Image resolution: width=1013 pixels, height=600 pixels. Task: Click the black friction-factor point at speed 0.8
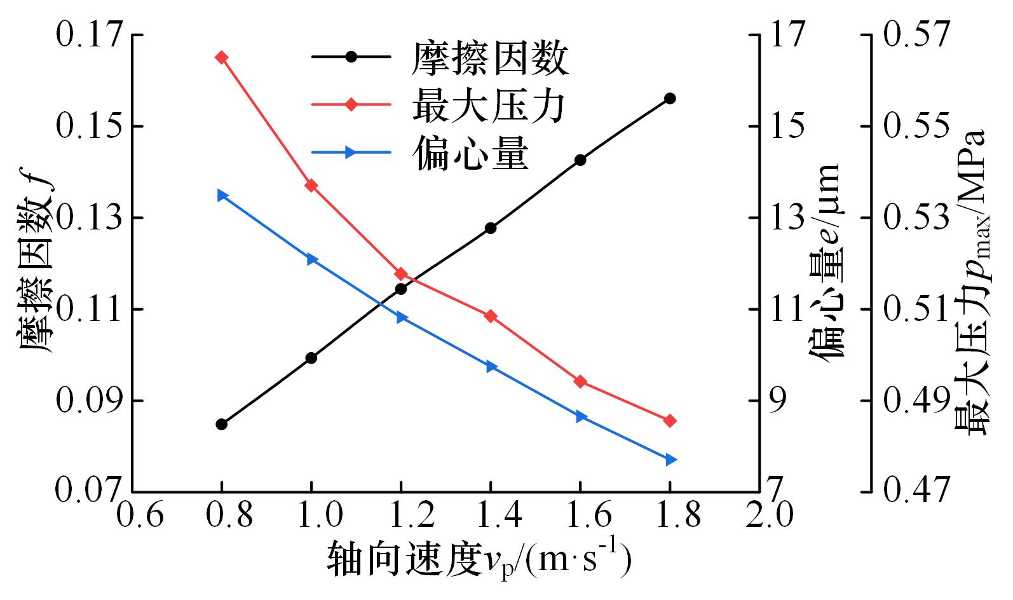(221, 424)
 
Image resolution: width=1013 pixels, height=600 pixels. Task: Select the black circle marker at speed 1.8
(670, 98)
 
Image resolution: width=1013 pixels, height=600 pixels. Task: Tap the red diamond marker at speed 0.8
(221, 57)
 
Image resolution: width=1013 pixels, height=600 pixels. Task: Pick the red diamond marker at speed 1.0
(311, 185)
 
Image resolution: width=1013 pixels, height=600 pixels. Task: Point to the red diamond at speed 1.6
(580, 381)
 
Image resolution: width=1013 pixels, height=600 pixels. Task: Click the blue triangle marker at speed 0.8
(222, 195)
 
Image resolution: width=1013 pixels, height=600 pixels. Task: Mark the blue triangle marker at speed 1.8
(670, 460)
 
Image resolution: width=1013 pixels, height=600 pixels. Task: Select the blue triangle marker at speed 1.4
(491, 367)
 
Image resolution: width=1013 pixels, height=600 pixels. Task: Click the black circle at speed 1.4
(490, 228)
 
